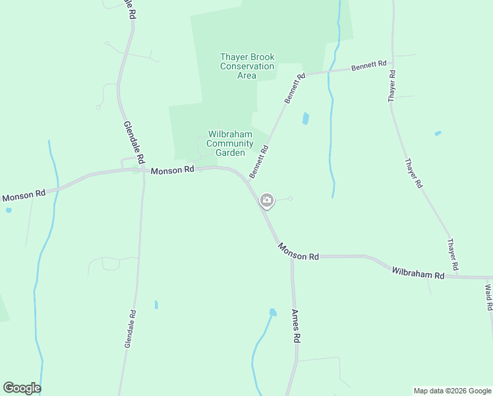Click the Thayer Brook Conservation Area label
coord(246,66)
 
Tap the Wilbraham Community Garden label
coord(230,143)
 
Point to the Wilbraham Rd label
coord(418,273)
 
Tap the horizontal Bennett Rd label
coord(368,66)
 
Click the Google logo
coord(22,387)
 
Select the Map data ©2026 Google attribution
coord(453,391)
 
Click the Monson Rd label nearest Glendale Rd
coord(173,170)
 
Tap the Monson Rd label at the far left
coord(24,195)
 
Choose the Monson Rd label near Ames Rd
coord(298,251)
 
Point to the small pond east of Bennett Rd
coord(305,119)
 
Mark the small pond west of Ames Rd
coord(272,312)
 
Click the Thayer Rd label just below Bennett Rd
coord(392,86)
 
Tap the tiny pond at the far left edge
coord(8,211)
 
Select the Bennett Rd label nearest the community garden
coord(259,162)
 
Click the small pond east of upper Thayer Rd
coord(438,134)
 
